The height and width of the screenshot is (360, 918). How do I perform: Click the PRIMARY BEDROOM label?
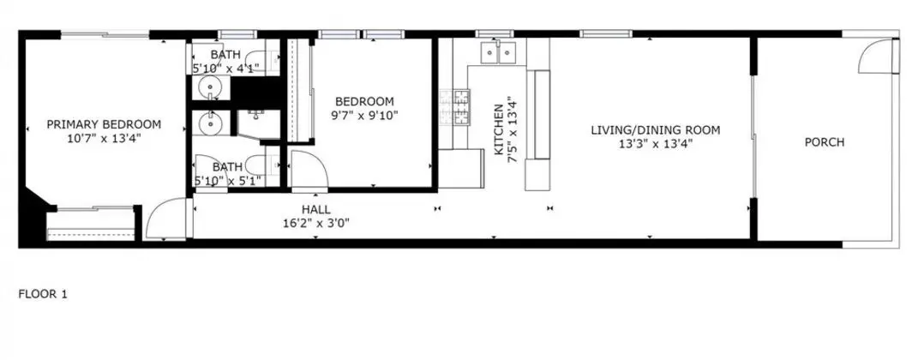point(104,124)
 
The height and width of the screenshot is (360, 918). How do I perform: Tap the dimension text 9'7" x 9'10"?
point(364,116)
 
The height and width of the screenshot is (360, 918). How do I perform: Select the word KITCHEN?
point(499,130)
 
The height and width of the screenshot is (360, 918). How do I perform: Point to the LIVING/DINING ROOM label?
point(655,130)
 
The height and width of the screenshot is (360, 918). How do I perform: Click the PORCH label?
point(825,142)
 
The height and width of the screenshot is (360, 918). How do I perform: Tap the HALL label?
point(316,209)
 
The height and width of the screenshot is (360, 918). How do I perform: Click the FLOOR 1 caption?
point(43,294)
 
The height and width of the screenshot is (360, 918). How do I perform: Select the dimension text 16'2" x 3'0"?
point(316,223)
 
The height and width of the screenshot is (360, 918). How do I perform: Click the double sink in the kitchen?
point(498,52)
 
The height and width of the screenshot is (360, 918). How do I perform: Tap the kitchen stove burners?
point(454,107)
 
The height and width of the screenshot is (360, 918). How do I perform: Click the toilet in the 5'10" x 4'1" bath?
point(255,58)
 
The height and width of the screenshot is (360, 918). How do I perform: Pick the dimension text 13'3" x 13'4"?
point(655,144)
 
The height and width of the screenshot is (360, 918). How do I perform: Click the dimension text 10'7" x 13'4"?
point(104,139)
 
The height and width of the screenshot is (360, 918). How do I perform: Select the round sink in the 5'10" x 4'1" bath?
point(208,88)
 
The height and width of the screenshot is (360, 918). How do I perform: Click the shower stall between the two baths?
point(259,124)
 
